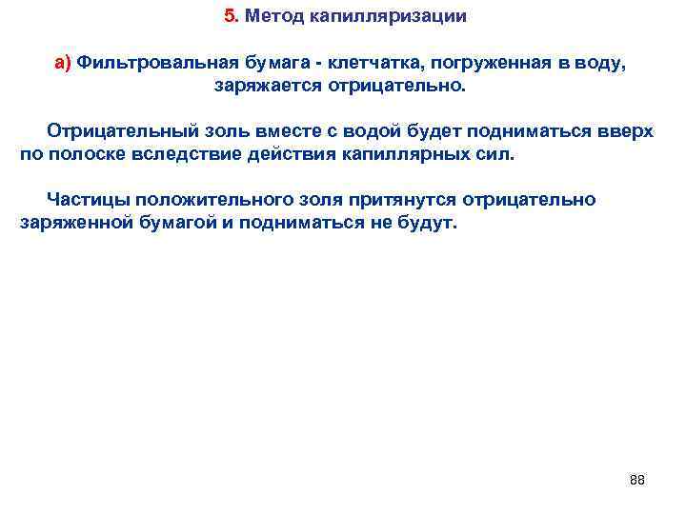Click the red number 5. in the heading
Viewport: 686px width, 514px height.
pyautogui.click(x=232, y=16)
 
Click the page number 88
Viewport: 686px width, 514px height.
pyautogui.click(x=637, y=480)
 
